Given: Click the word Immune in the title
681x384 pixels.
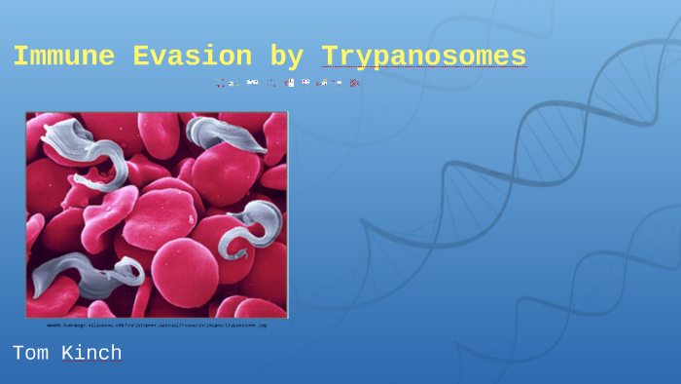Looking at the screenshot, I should click(61, 57).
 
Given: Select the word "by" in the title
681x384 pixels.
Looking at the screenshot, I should click(287, 57).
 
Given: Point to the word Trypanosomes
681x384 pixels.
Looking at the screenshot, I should click(423, 57).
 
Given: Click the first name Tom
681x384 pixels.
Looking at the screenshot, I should click(30, 353).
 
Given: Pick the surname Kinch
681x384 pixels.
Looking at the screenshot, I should click(92, 353).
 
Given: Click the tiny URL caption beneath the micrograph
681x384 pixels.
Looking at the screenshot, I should click(157, 325).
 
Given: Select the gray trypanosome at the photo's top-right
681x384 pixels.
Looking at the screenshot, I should click(225, 135).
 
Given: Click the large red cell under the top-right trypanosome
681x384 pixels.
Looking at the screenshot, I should click(226, 175).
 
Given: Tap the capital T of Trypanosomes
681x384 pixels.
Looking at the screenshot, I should click(329, 57).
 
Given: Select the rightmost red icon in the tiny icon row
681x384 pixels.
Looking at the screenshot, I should click(355, 83).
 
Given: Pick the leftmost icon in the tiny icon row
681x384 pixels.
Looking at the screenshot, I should click(221, 83).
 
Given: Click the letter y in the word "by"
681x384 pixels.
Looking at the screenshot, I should click(296, 58).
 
